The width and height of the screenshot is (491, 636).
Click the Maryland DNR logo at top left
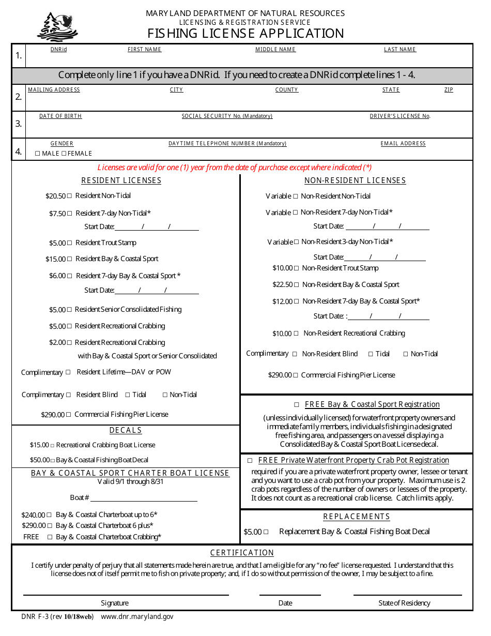(x=57, y=26)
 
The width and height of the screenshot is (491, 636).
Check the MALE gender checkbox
(x=37, y=154)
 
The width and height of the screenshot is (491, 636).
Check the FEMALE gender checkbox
(x=64, y=154)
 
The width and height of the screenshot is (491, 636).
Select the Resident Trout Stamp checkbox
(x=70, y=243)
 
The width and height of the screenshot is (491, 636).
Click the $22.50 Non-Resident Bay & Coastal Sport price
(x=282, y=285)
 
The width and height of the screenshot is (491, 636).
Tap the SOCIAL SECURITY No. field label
(x=227, y=116)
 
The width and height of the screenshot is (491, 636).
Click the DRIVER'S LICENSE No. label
(x=400, y=116)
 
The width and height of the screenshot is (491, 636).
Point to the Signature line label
(x=115, y=603)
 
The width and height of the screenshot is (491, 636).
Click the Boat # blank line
(x=144, y=497)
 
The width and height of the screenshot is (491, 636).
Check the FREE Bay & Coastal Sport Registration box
(x=297, y=405)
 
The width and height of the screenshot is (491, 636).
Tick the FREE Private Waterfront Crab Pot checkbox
(x=250, y=461)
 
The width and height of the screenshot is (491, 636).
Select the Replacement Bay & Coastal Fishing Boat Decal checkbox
(x=266, y=532)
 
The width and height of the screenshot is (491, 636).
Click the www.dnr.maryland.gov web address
(x=137, y=617)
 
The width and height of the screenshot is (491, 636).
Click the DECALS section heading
(x=126, y=431)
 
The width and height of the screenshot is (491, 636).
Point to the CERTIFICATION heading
(x=242, y=553)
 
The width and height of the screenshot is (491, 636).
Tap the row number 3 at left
(x=19, y=124)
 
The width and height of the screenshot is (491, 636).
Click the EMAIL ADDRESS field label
(x=403, y=144)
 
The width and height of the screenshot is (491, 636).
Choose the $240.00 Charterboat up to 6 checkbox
(x=49, y=515)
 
